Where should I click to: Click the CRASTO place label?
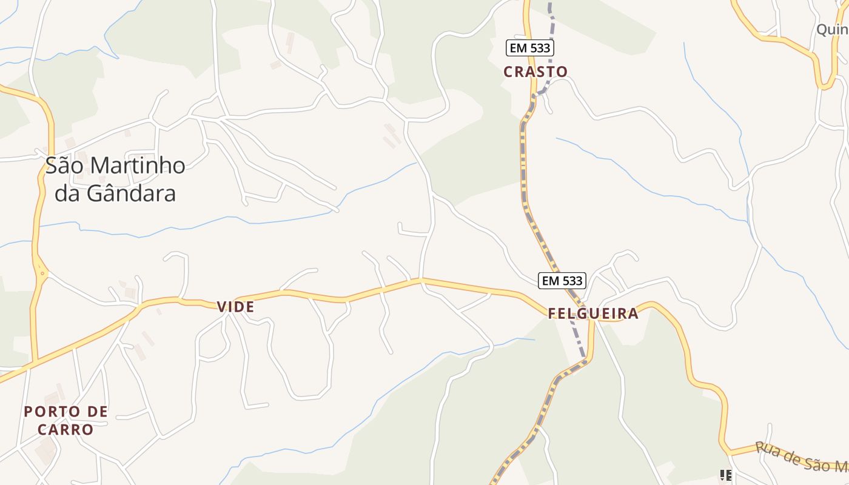point(535,72)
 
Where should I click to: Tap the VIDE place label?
point(236,307)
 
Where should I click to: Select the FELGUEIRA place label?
point(593,313)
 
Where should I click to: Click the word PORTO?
point(51,412)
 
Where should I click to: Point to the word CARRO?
point(65,430)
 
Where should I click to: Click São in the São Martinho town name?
point(64,166)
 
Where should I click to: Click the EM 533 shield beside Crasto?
point(531,48)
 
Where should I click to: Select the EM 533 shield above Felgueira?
point(562,280)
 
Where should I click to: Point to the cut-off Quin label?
point(831,29)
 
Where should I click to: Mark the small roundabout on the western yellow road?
point(42,273)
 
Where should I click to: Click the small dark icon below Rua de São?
point(725,475)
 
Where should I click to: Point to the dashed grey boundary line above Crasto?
point(551,24)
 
